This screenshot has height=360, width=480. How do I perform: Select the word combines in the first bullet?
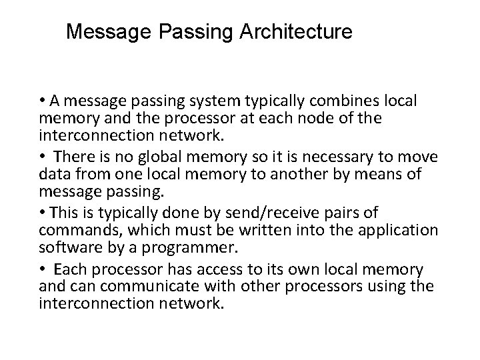[347, 101]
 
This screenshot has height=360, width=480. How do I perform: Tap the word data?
[53, 174]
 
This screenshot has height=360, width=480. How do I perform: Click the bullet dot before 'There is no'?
[43, 157]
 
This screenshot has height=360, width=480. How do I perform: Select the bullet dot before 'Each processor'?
[43, 269]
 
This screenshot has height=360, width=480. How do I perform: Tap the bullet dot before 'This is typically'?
[43, 212]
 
